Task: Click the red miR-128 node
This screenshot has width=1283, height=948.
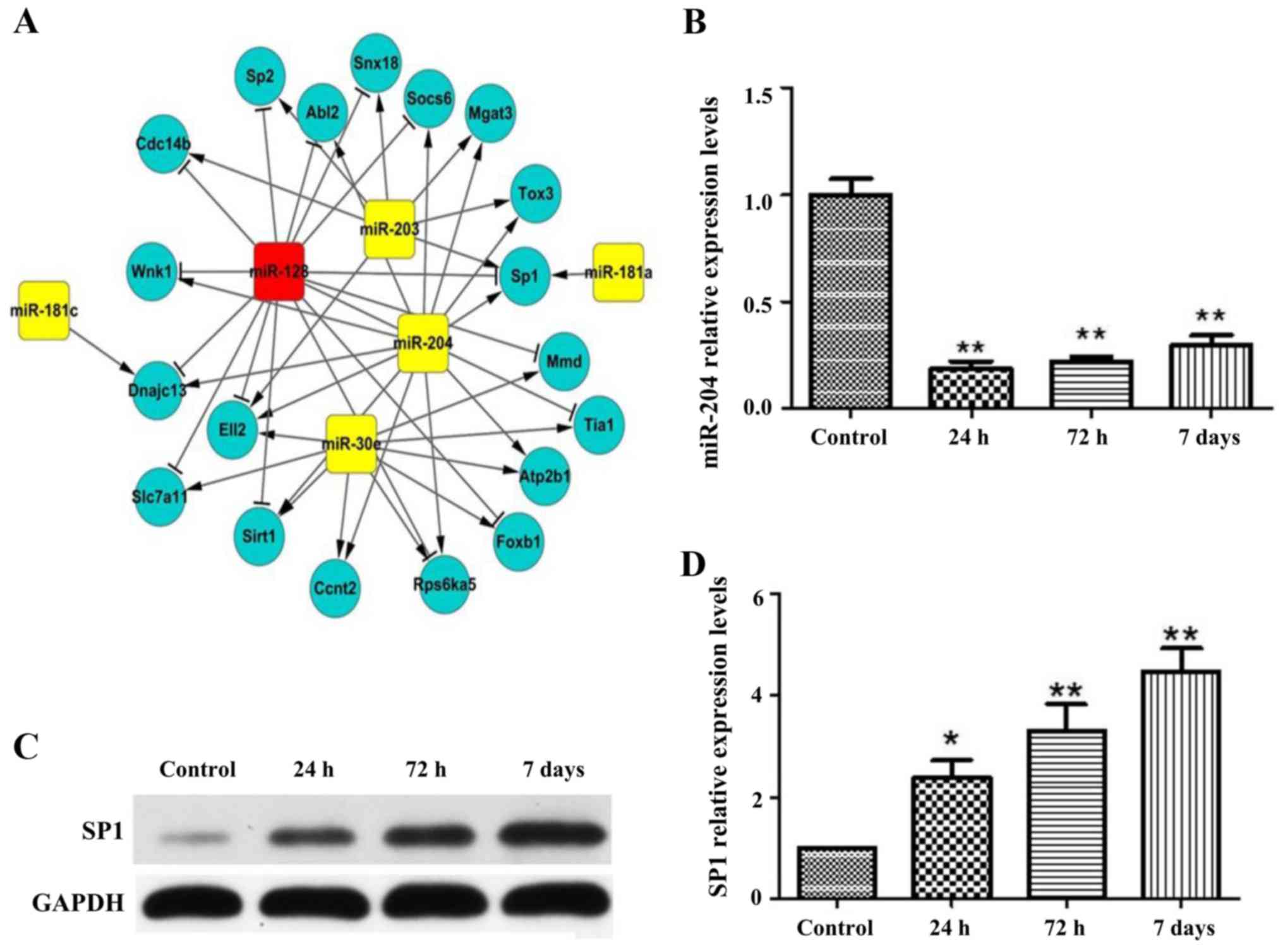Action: pos(279,272)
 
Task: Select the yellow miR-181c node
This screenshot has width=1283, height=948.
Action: pos(44,310)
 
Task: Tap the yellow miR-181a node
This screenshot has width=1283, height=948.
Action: pos(618,272)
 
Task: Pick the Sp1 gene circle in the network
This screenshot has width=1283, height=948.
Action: pos(524,276)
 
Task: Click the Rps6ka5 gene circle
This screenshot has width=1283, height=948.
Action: pos(445,584)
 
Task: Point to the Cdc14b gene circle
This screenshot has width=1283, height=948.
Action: pos(163,144)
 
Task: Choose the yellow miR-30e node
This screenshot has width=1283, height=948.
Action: pos(351,444)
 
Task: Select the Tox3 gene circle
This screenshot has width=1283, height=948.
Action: pos(536,193)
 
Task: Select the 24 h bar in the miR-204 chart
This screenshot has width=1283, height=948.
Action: pos(970,388)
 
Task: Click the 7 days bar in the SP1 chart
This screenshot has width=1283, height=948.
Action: pos(1180,784)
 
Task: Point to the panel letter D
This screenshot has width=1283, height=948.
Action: pos(692,565)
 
